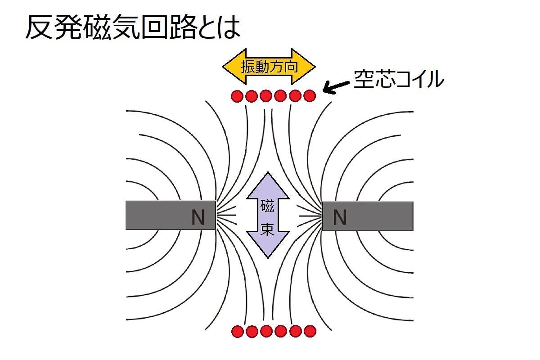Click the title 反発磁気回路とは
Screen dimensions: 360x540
pos(132,28)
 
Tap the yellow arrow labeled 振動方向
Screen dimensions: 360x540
pos(269,67)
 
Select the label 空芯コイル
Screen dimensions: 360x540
pos(399,80)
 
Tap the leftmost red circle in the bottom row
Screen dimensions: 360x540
pos(237,332)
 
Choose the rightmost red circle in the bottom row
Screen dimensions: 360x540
pos(310,332)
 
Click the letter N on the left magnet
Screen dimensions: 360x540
pos(198,218)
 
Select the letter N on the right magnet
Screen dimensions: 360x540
pos(340,218)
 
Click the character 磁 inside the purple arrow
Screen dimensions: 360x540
pos(267,207)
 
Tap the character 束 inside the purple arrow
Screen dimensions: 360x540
pos(267,230)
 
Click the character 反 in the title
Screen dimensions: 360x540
pos(37,28)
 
